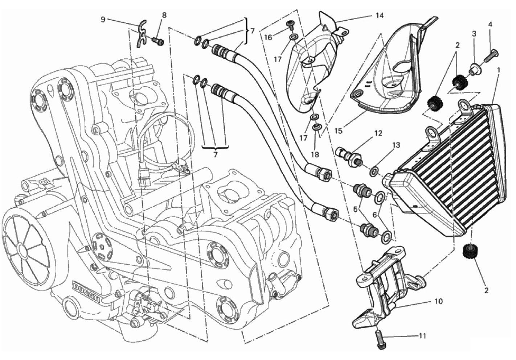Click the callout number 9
103,20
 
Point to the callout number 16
268,37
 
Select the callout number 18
315,155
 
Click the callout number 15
339,131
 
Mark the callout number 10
439,301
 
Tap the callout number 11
422,336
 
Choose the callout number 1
499,69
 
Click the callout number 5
356,209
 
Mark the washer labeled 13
374,171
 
